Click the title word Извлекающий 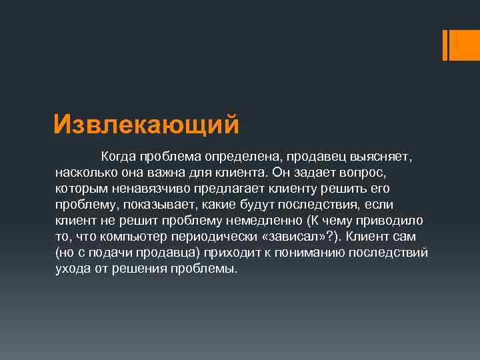(x=145, y=124)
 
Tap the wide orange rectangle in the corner (x=462, y=45)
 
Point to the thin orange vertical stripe (x=445, y=45)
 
